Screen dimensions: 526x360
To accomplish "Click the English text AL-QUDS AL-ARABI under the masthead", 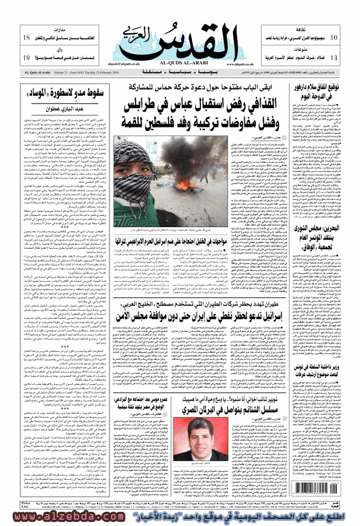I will click(x=180, y=63).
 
